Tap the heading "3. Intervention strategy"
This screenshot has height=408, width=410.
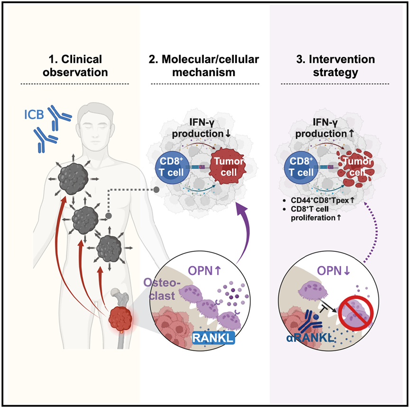point(335,66)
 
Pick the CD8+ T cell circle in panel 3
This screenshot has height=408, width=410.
point(304,168)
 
